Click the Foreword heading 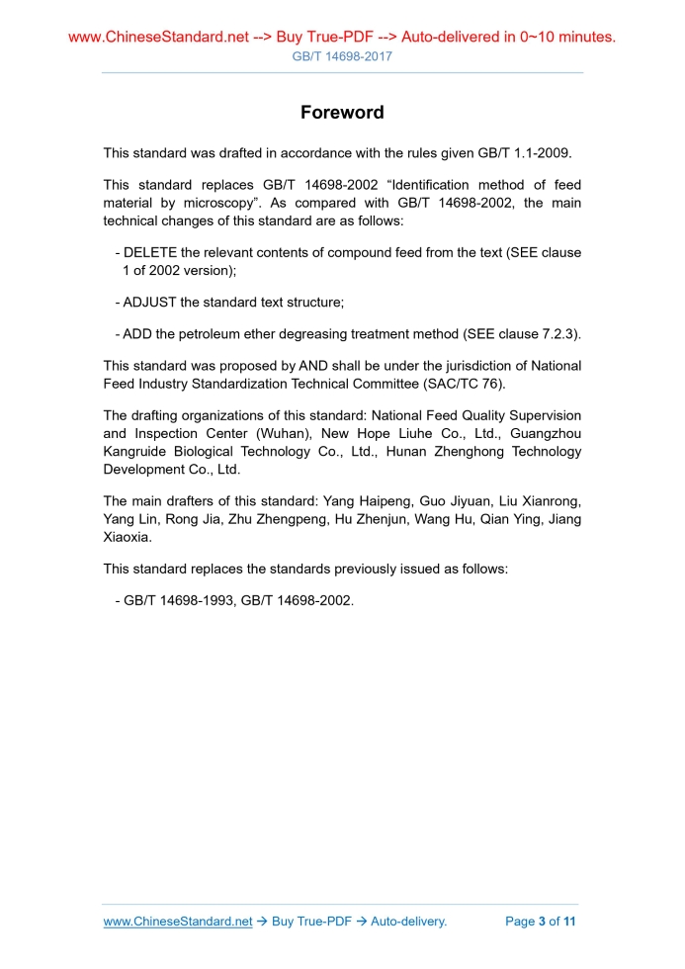(342, 113)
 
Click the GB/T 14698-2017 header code (342, 56)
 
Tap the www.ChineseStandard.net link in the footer (178, 922)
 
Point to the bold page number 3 (542, 922)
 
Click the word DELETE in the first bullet (148, 252)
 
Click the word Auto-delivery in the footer (408, 922)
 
